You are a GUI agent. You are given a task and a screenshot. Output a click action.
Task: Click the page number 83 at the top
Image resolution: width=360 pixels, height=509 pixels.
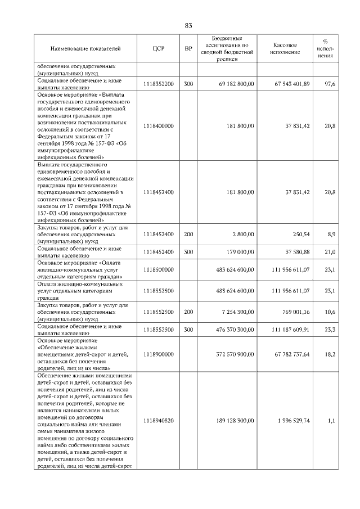(x=188, y=25)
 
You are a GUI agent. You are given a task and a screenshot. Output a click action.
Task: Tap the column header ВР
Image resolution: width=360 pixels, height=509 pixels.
(x=188, y=49)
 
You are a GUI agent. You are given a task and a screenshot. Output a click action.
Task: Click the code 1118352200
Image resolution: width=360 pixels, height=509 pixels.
(x=158, y=84)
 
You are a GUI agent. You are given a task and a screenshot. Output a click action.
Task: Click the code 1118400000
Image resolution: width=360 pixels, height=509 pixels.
(x=158, y=126)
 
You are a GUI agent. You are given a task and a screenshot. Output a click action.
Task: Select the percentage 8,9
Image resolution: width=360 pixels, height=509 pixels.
(x=331, y=232)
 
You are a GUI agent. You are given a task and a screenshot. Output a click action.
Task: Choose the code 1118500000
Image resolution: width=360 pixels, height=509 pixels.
(x=158, y=270)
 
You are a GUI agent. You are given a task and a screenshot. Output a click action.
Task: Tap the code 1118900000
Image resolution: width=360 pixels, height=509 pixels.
(x=158, y=354)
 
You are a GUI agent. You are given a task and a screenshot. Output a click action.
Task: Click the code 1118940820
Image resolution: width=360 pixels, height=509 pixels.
(x=158, y=420)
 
